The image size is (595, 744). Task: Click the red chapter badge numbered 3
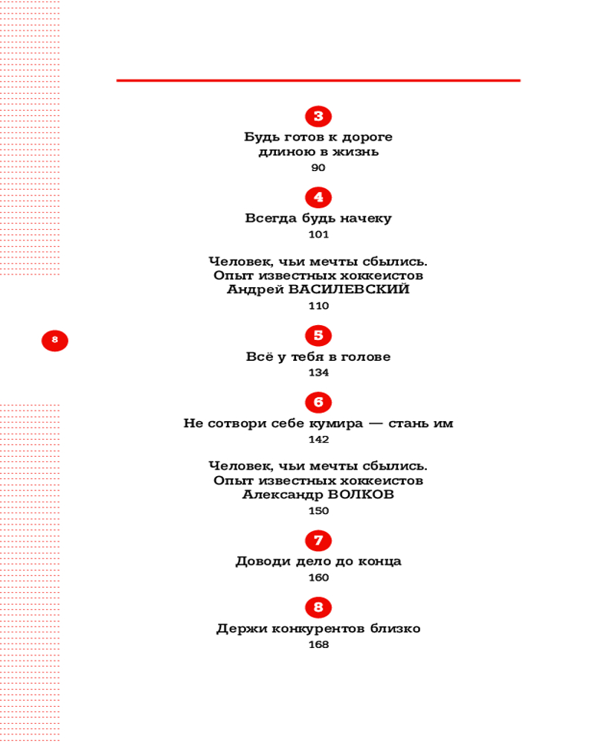point(318,116)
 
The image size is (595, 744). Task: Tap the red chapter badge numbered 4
point(318,197)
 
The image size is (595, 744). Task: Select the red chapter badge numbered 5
point(318,336)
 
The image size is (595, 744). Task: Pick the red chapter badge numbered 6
point(318,403)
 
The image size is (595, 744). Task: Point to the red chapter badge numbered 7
point(318,540)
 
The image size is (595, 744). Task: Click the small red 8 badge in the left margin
point(54,341)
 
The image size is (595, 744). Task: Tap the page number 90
point(318,168)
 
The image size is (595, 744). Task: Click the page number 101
point(318,235)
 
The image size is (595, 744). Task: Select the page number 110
point(318,306)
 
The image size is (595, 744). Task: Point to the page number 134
point(318,373)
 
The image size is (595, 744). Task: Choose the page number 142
point(318,440)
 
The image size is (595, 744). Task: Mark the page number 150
point(318,511)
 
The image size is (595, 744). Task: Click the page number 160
point(318,578)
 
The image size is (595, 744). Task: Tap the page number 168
point(318,645)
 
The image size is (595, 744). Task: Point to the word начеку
point(366,219)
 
